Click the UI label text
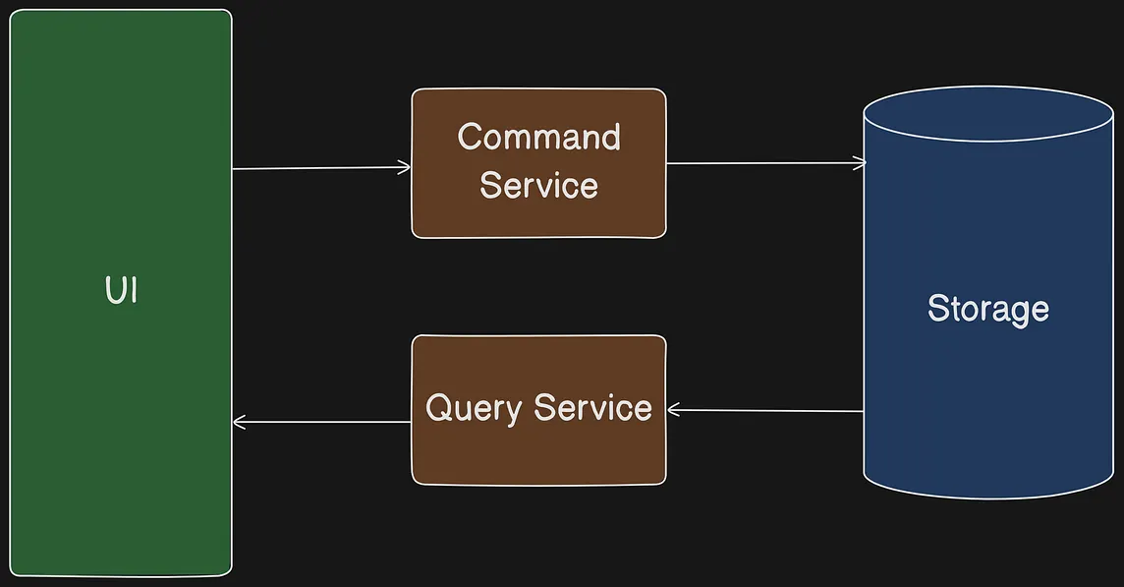[120, 291]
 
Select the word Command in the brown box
[538, 137]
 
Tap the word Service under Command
[538, 185]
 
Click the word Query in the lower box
[473, 408]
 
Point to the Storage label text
[987, 309]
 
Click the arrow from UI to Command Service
[319, 168]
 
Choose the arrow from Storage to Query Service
[766, 410]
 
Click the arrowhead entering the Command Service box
[404, 167]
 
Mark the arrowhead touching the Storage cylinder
[859, 162]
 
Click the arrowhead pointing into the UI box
[240, 423]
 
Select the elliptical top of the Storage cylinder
[987, 114]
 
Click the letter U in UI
[113, 291]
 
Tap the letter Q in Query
[438, 407]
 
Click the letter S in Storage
[938, 309]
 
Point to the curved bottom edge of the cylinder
[987, 496]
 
